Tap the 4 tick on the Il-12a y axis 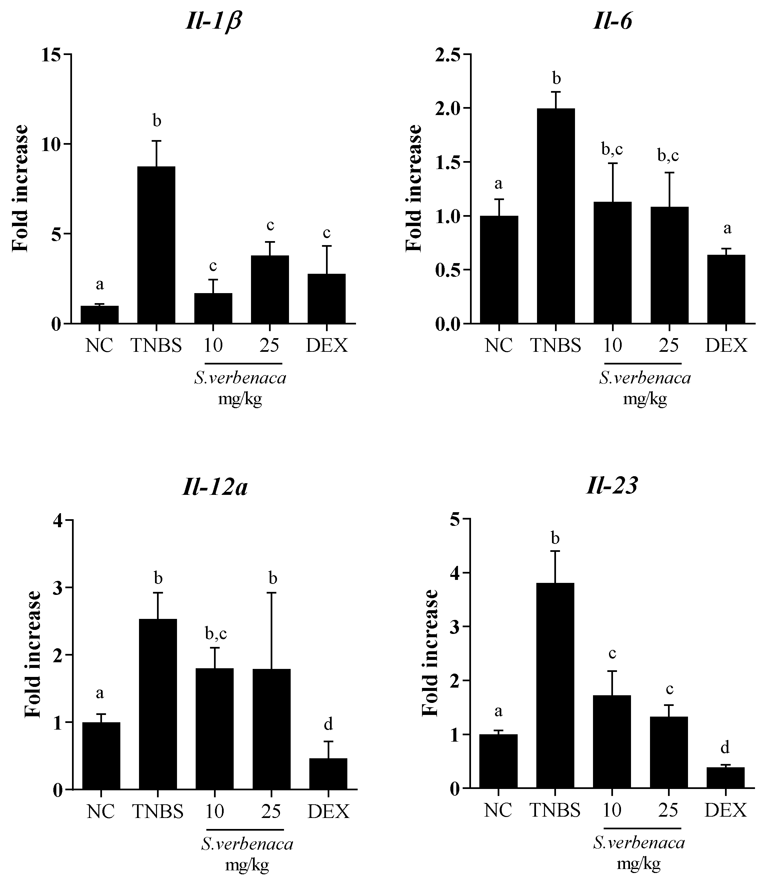click(58, 521)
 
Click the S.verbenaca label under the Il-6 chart click(644, 378)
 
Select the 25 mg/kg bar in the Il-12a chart click(272, 728)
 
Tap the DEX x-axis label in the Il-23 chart click(725, 809)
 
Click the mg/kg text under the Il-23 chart click(638, 864)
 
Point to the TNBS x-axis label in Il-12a click(158, 811)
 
